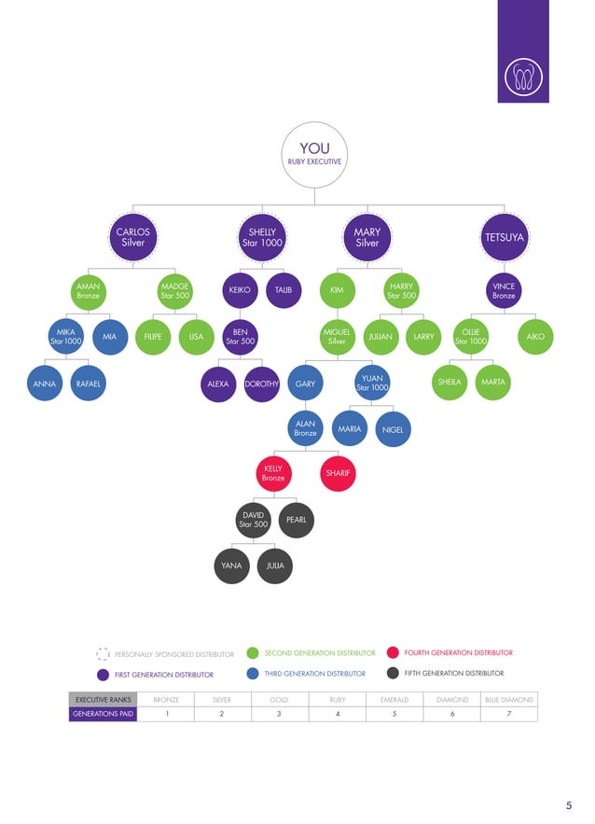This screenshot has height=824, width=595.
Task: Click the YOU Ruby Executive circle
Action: coord(314,154)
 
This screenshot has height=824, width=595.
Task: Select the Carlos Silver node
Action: coord(131,237)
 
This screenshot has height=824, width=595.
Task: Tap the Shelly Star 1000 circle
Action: coord(262,237)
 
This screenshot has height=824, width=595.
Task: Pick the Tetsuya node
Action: coord(504,237)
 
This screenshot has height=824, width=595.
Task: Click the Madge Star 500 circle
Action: coord(174,290)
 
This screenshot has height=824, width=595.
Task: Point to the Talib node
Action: coord(284,290)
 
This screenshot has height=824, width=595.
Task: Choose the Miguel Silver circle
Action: coord(337,337)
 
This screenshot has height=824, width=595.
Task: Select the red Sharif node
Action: coord(337,473)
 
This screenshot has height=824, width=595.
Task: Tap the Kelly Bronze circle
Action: coord(273,473)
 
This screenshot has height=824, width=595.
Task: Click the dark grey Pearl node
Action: coord(297,520)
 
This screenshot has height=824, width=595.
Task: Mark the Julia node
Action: coord(275,566)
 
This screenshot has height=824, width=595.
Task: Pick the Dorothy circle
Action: coord(262,383)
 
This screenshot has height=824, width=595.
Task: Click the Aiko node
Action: coord(535,337)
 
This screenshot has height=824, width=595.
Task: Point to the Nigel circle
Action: coord(393,429)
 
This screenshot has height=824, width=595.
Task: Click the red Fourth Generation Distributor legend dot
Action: coord(393,653)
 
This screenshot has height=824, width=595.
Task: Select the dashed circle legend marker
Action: coord(104,654)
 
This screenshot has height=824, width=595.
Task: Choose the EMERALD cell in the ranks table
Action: coord(394,699)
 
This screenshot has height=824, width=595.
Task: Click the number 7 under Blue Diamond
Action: coord(509,714)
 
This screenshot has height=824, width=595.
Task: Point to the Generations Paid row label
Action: coord(104,714)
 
